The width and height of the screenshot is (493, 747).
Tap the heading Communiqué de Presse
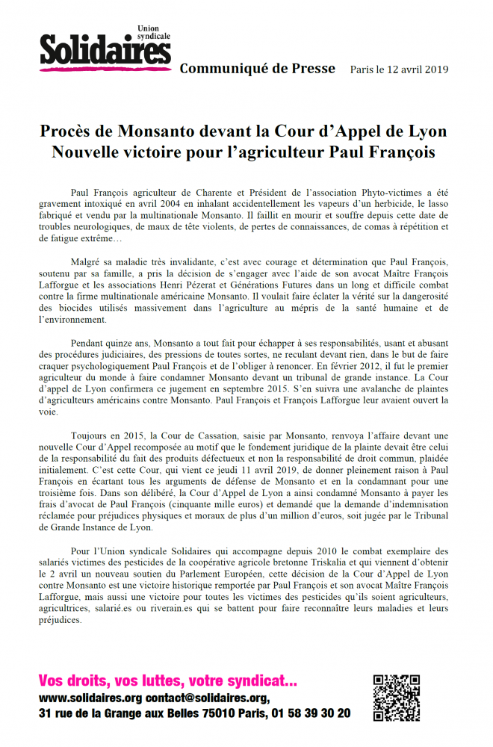(x=257, y=69)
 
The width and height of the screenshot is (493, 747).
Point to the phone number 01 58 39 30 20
(x=311, y=714)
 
